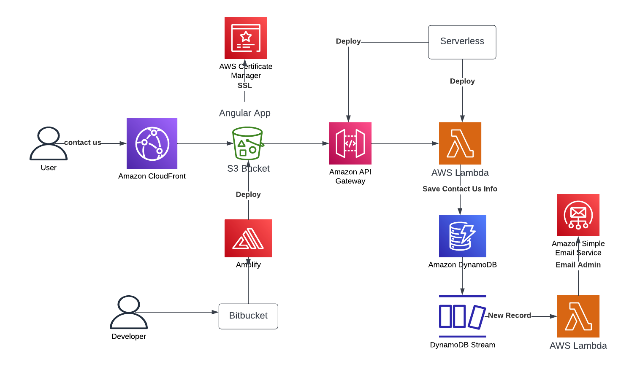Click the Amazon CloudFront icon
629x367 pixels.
pos(152,143)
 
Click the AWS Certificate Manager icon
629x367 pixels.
pos(246,38)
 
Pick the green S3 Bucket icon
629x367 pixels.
pos(248,143)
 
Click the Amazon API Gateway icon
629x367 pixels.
pos(350,143)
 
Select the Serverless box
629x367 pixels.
pos(462,42)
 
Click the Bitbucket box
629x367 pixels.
pos(248,316)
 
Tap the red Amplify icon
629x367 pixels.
pos(248,238)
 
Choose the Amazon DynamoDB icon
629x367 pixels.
pos(462,236)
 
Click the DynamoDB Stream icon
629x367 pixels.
pos(462,316)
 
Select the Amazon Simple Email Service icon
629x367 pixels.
pos(578,215)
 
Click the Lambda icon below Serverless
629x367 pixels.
pos(460,143)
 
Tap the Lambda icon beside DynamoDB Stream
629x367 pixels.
pos(578,316)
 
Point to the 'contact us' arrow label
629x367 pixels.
pos(83,143)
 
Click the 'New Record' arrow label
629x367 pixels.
pos(510,315)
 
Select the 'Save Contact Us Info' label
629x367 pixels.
pos(460,189)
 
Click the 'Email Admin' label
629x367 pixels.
pos(578,264)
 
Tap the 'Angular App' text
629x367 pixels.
pos(245,113)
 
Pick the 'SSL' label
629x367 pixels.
pos(245,85)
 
